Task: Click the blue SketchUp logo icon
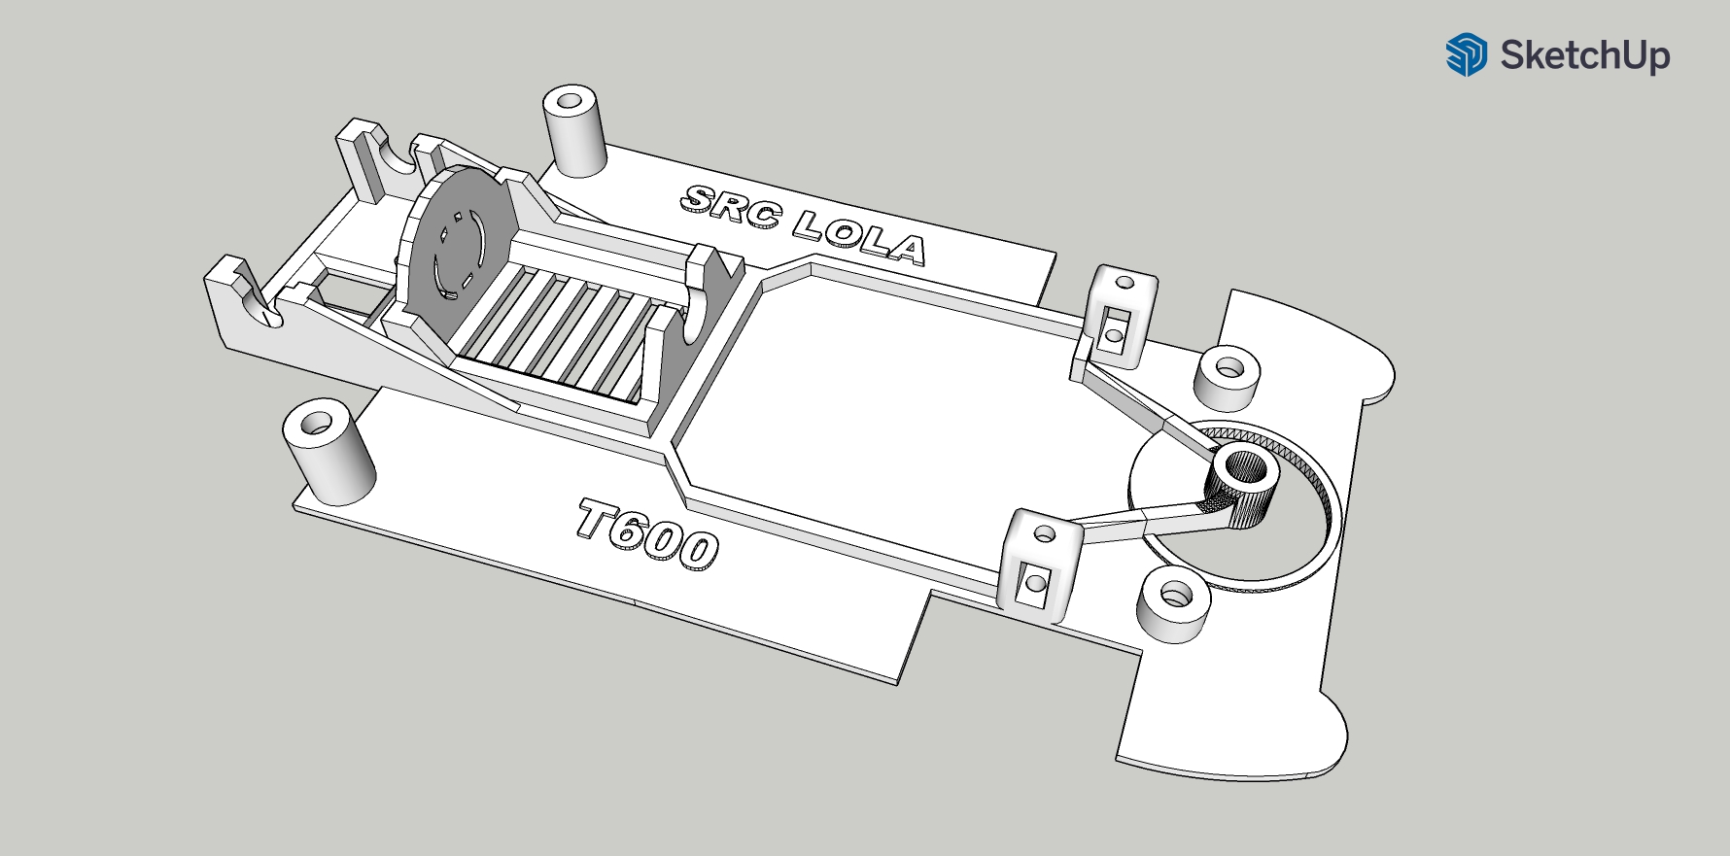tap(1466, 54)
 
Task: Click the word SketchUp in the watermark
tap(1584, 55)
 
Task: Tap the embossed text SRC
tap(730, 205)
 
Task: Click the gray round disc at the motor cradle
tap(457, 243)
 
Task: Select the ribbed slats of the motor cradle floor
tap(554, 330)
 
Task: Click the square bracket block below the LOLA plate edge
tap(1121, 316)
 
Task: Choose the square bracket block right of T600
tap(1040, 564)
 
